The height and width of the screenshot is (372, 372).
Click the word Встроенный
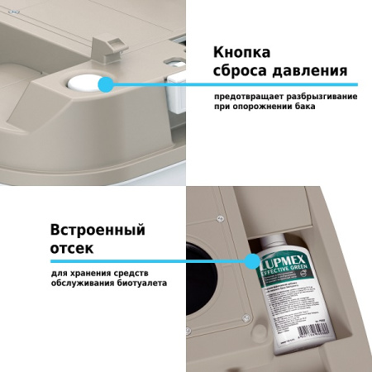point(98,228)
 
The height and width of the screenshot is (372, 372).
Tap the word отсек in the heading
point(72,247)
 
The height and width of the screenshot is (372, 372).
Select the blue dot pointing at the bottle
point(251,261)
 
